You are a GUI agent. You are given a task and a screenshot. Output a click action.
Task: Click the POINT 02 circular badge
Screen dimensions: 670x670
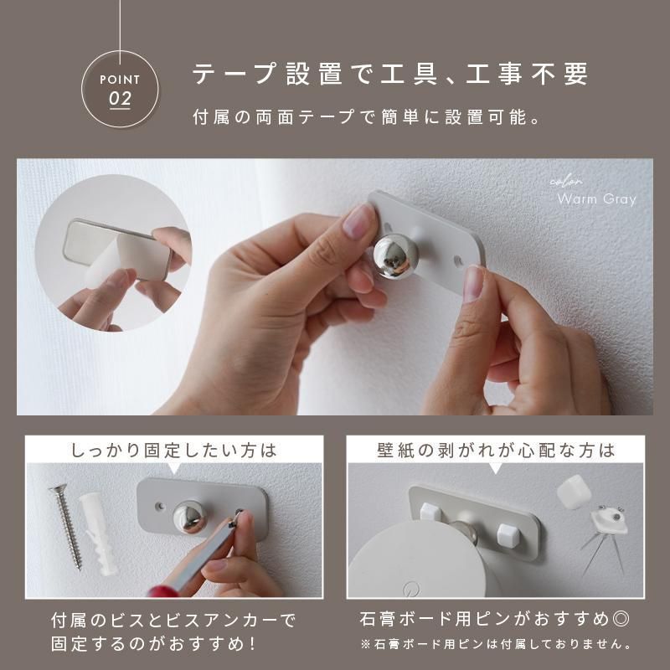(121, 89)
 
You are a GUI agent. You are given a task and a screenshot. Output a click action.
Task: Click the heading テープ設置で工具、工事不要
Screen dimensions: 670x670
(390, 74)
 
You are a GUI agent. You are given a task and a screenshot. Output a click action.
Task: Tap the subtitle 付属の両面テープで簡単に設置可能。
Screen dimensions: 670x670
(365, 117)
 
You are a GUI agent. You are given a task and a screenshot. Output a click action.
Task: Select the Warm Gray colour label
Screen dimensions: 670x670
(596, 199)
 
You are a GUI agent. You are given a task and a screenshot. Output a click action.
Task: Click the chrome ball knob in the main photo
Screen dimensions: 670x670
(395, 255)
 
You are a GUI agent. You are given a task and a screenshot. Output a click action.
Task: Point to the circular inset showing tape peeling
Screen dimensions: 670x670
(113, 252)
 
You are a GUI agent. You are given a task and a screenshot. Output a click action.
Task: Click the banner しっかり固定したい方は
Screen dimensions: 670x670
(173, 450)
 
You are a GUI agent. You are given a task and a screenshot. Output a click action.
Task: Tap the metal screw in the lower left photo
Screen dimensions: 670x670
(66, 527)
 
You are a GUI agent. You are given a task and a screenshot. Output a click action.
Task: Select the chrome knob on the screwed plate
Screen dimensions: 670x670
(192, 517)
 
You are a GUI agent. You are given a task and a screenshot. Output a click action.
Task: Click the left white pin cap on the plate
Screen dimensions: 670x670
(430, 509)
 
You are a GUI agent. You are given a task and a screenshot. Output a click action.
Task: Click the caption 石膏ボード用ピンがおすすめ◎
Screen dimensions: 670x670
(494, 621)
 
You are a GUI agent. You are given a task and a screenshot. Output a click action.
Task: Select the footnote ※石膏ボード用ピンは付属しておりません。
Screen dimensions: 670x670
(495, 645)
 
